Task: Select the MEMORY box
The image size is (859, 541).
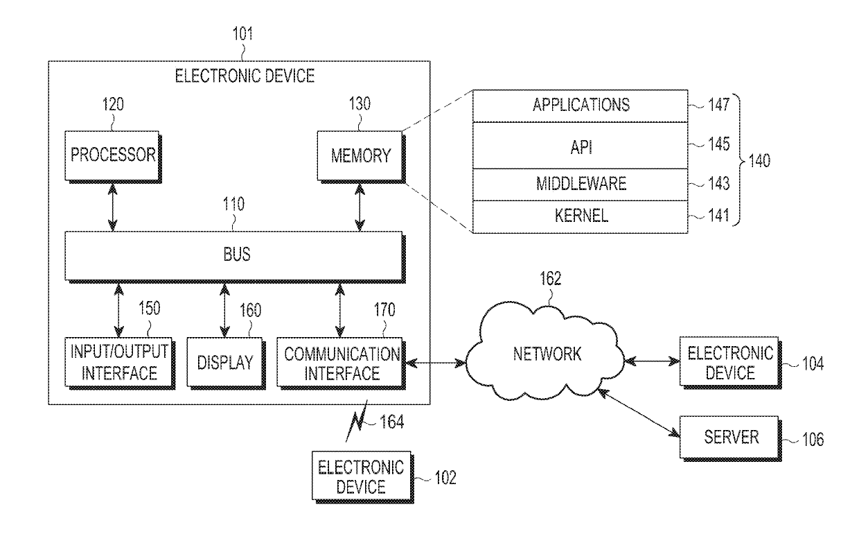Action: click(360, 155)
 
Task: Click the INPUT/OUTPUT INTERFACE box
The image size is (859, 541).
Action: click(119, 362)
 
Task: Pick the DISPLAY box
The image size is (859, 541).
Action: click(225, 363)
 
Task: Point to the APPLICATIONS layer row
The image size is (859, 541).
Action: click(581, 106)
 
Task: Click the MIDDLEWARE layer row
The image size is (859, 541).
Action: click(581, 183)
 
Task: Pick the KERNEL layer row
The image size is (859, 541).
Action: click(581, 215)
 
